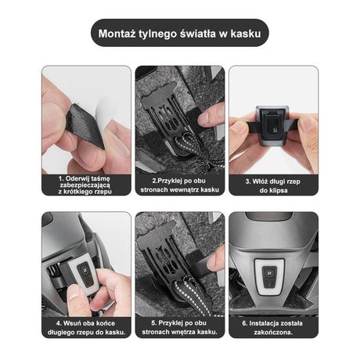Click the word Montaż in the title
click(x=117, y=34)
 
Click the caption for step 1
click(x=86, y=185)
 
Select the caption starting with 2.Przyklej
click(x=179, y=185)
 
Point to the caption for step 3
click(x=273, y=185)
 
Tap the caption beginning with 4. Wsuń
click(x=86, y=328)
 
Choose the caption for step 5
click(x=179, y=327)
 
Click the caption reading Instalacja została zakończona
click(x=272, y=328)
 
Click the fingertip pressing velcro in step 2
click(x=211, y=115)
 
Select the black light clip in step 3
click(x=272, y=124)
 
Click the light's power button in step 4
click(x=85, y=271)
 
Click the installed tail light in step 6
click(x=269, y=276)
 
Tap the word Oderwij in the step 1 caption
click(x=77, y=178)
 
